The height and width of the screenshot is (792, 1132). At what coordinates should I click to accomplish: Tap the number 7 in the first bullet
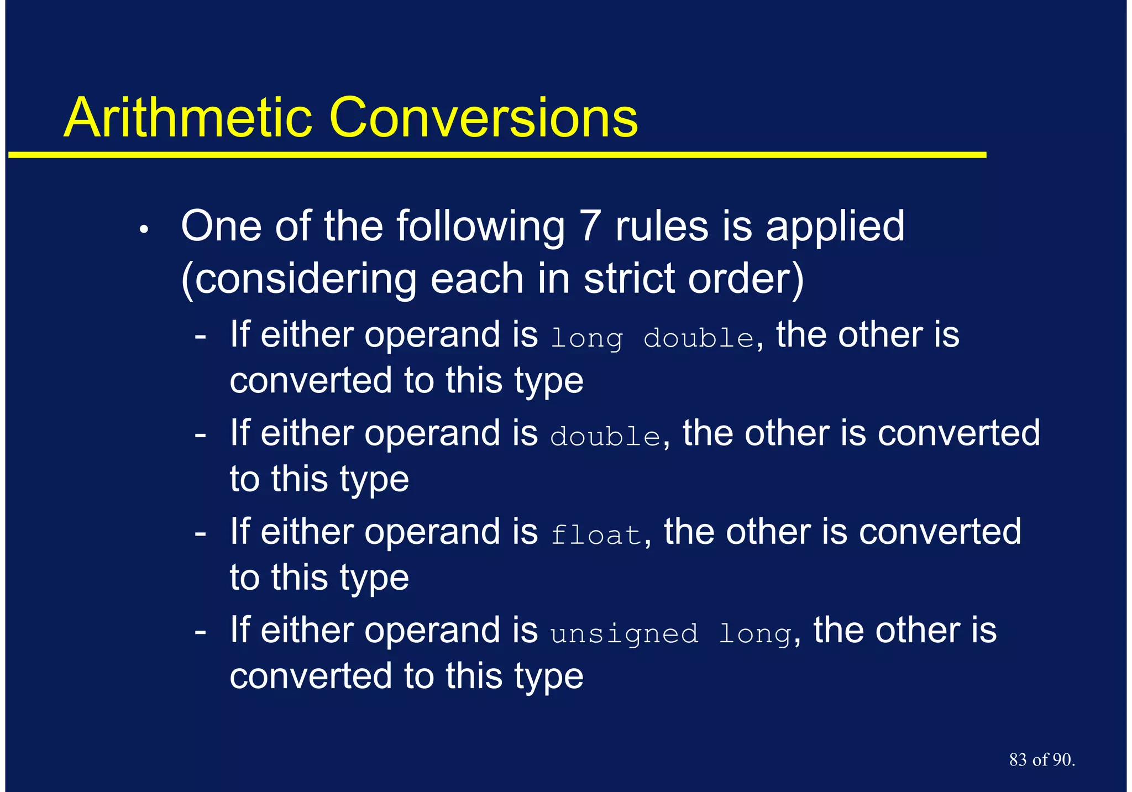590,226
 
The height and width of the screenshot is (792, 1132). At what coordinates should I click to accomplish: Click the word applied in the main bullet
835,227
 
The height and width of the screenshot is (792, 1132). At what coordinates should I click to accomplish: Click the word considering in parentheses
298,279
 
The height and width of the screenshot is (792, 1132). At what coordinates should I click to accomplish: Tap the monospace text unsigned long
671,633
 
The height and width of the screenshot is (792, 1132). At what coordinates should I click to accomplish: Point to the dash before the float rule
201,533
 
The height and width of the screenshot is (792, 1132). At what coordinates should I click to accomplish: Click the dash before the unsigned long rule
201,631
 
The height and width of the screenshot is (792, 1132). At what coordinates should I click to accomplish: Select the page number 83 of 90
1041,759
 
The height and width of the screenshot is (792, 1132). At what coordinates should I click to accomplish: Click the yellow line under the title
497,155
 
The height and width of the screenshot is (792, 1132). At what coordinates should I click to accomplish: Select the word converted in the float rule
940,532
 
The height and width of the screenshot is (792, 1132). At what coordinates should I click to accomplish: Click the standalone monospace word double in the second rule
605,437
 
